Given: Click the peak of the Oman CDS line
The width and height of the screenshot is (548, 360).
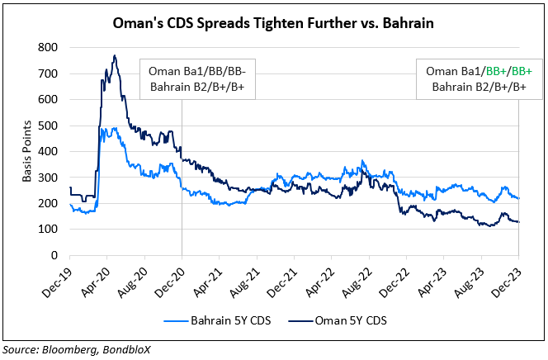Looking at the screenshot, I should [x=115, y=55].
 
